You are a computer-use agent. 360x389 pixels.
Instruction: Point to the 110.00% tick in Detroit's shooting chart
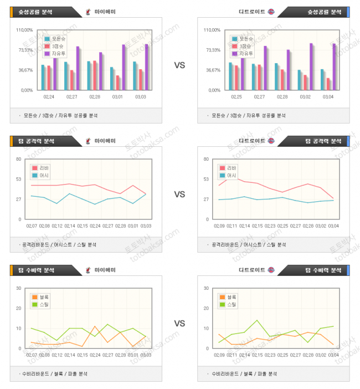212,30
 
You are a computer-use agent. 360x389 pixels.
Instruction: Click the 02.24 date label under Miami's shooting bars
48,97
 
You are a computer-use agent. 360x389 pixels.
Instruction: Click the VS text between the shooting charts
179,65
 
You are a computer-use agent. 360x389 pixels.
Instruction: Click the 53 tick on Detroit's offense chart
206,179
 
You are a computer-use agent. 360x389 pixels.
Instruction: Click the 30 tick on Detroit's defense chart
206,288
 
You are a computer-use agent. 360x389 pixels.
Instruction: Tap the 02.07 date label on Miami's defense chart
32,355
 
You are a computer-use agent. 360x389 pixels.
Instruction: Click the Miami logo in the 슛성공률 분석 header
89,12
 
